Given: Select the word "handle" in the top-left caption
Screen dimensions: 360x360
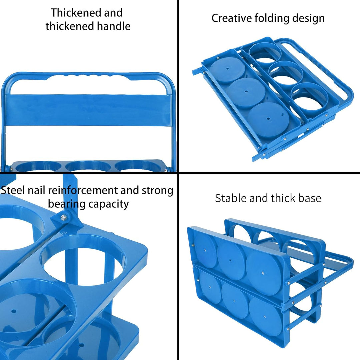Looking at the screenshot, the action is (113, 26).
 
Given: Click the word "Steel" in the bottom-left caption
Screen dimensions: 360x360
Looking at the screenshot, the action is (13, 190).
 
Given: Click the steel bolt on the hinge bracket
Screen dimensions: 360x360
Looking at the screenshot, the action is (64, 217).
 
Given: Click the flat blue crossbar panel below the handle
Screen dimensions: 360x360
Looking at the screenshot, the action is (88, 110).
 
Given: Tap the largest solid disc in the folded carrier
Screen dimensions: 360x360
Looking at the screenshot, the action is (268, 119).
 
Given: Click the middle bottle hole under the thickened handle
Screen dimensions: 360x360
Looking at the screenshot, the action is (88, 166).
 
